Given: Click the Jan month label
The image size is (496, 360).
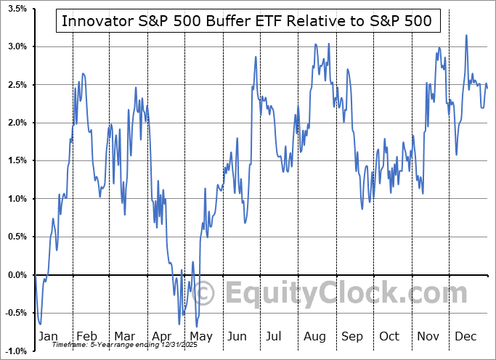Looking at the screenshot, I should click(x=47, y=337).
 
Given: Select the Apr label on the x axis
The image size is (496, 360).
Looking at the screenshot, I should click(x=162, y=337).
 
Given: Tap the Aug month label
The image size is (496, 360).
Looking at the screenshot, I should click(x=315, y=337).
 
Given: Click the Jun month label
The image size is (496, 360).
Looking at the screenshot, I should click(x=238, y=337).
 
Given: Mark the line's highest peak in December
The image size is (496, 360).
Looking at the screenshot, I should click(x=466, y=35).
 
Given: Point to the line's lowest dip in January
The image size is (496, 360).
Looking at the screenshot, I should click(x=40, y=324).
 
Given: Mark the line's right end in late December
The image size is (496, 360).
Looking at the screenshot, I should click(x=487, y=88).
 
